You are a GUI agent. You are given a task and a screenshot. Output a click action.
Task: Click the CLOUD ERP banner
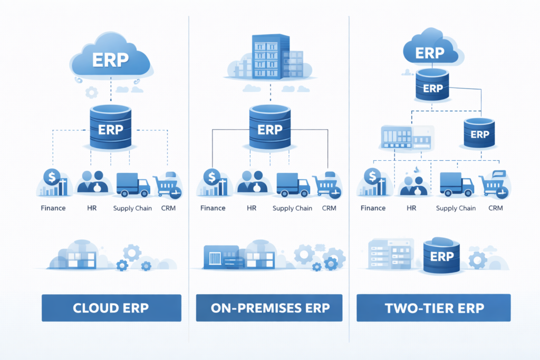click(x=111, y=308)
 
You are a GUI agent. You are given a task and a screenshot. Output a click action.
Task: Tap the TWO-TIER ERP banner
click(x=433, y=308)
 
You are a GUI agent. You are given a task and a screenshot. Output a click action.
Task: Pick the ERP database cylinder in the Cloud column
click(x=111, y=129)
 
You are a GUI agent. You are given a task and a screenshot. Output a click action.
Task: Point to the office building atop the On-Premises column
click(x=271, y=57)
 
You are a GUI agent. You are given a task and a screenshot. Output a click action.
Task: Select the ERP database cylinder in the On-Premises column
click(x=269, y=129)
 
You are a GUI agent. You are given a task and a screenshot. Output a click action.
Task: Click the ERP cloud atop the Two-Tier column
click(x=429, y=53)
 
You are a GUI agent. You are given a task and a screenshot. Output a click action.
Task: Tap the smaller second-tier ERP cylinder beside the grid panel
click(x=479, y=134)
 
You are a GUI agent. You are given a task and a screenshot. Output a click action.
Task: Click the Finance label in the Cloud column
click(x=53, y=208)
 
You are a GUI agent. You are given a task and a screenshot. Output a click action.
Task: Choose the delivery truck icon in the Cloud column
click(x=132, y=184)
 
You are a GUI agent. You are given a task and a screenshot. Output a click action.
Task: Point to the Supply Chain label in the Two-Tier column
click(x=456, y=208)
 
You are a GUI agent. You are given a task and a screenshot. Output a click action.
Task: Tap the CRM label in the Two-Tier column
click(x=496, y=208)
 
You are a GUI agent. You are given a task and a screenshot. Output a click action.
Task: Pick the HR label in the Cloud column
click(x=92, y=208)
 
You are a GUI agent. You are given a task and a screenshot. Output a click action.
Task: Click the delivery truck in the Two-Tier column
click(x=456, y=184)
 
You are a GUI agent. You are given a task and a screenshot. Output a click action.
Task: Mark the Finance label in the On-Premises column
click(x=213, y=208)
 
